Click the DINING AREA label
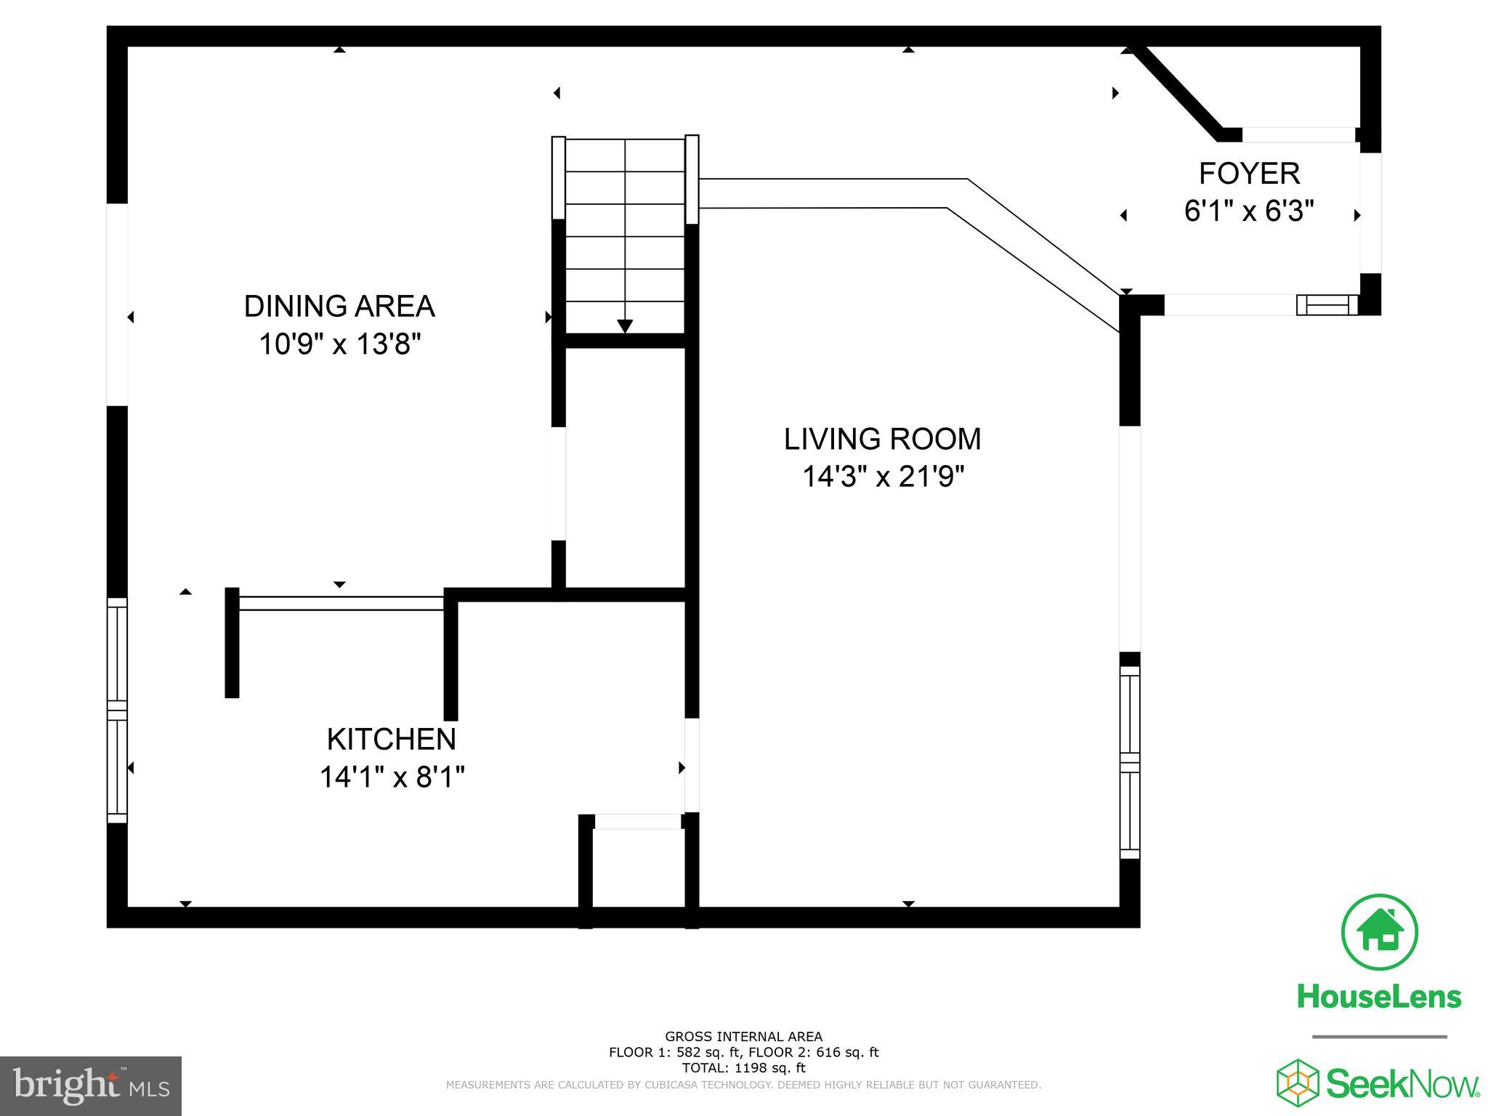[x=339, y=307]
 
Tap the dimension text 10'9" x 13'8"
[x=340, y=344]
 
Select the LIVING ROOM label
[x=882, y=440]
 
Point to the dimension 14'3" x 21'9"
[x=883, y=477]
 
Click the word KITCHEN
[x=392, y=740]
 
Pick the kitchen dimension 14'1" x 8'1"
[x=392, y=778]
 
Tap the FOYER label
[x=1249, y=174]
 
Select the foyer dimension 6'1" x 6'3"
[x=1249, y=212]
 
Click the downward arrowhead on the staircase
[x=625, y=326]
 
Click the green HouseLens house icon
[x=1379, y=932]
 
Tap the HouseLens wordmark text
[x=1379, y=996]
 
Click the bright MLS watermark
[x=91, y=1086]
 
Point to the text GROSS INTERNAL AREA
[x=743, y=1037]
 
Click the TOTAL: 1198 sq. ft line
[x=743, y=1068]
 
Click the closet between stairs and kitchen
[x=625, y=469]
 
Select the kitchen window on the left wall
[x=117, y=711]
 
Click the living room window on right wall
[x=1129, y=763]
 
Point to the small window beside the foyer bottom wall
[x=1327, y=305]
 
